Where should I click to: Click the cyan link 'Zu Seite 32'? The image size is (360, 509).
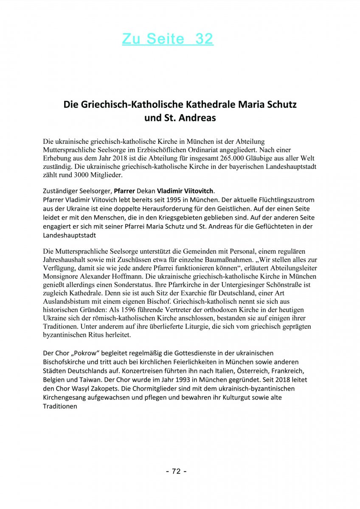(x=168, y=39)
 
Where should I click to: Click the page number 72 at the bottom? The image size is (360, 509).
(x=176, y=471)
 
